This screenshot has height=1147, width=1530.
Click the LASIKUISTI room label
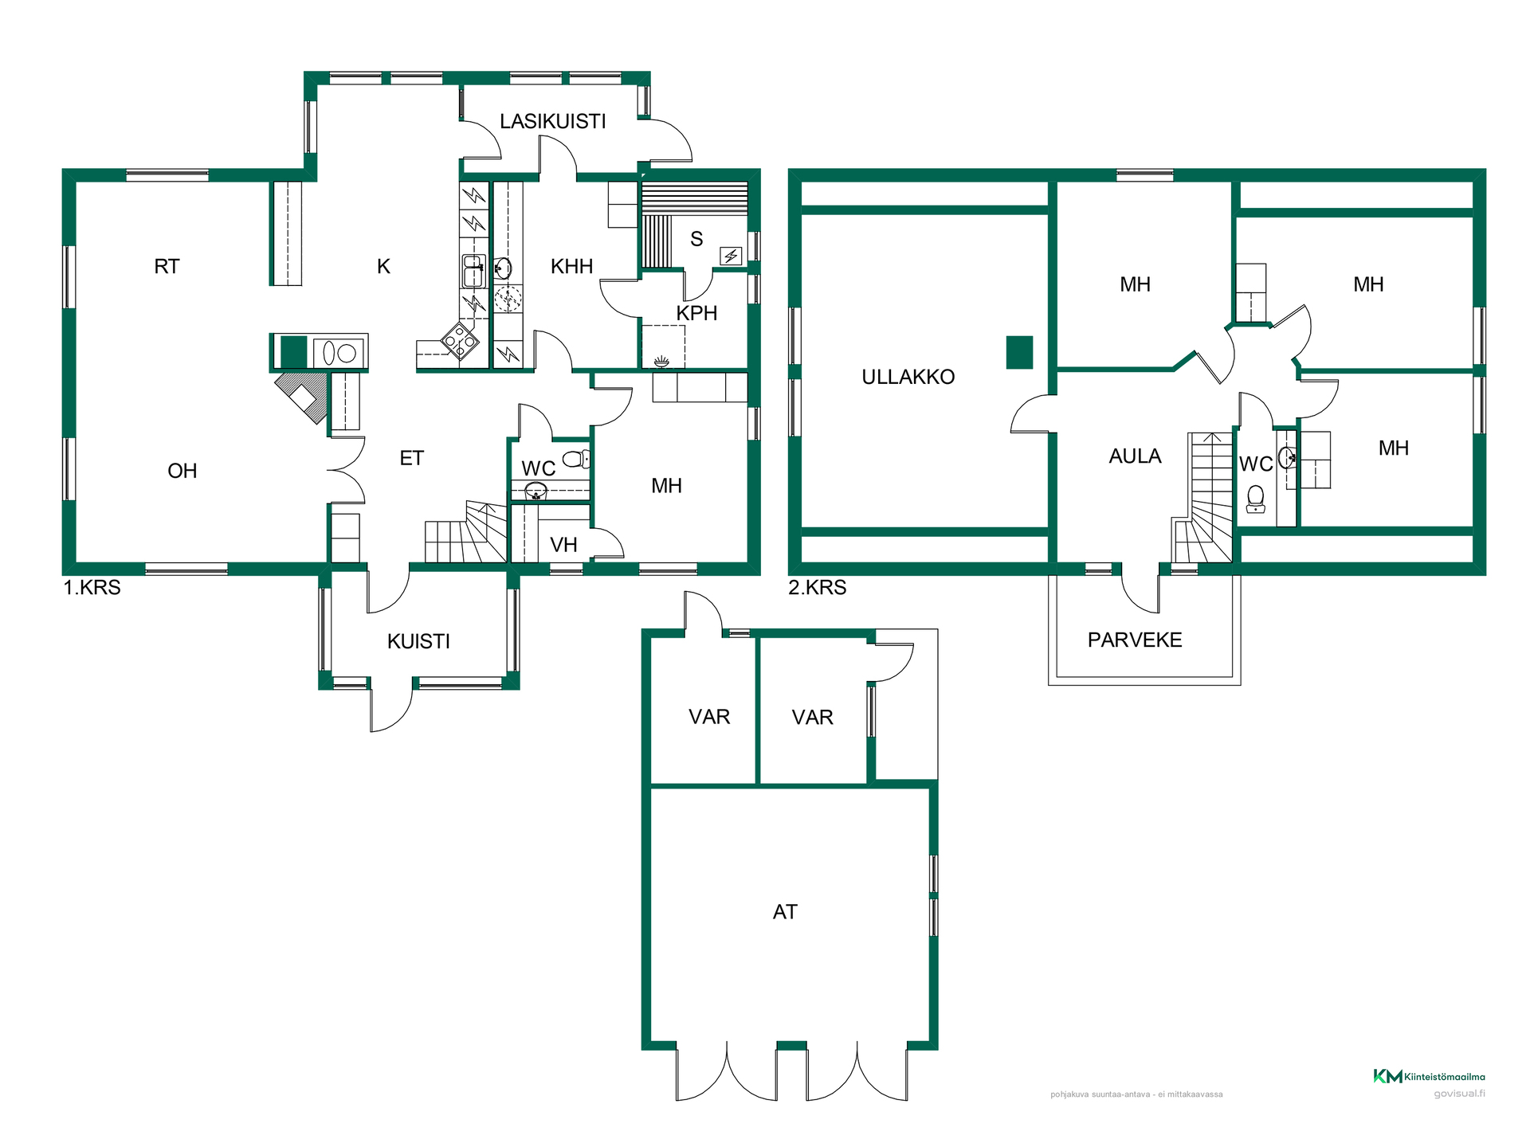[552, 121]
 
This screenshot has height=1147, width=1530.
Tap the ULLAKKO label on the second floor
[908, 377]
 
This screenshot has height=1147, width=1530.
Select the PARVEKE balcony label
[1135, 640]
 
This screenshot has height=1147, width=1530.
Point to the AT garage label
[785, 912]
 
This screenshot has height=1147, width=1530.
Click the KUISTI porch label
[418, 641]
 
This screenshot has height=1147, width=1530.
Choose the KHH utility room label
[571, 266]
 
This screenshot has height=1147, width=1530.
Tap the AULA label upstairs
[1135, 456]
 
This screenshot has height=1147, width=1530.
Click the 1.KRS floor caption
[92, 588]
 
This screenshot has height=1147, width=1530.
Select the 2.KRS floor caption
[817, 588]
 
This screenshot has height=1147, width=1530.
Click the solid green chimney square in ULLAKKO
[1019, 353]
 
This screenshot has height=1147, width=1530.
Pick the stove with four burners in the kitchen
[460, 341]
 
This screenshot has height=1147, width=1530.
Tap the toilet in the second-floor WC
[1256, 499]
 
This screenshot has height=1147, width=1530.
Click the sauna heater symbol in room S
[731, 256]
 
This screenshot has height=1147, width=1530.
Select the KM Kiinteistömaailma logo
[1429, 1076]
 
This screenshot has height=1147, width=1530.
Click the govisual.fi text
[1460, 1094]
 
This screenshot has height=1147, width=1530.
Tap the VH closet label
[563, 545]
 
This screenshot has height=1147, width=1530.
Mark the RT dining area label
[167, 266]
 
